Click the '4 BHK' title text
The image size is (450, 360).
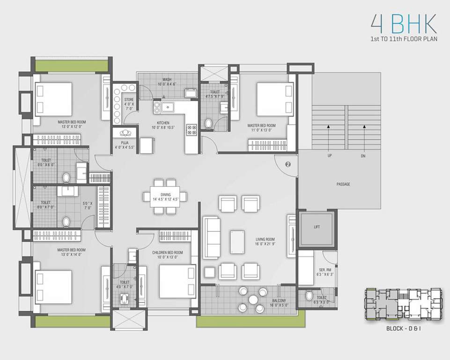403,23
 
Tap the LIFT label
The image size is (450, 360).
317,227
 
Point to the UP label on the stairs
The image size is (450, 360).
330,155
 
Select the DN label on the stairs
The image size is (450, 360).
363,155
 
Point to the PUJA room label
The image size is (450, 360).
125,144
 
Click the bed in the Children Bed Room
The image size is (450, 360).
177,281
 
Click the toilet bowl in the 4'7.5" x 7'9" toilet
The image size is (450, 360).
209,123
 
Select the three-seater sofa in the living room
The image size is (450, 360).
211,238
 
